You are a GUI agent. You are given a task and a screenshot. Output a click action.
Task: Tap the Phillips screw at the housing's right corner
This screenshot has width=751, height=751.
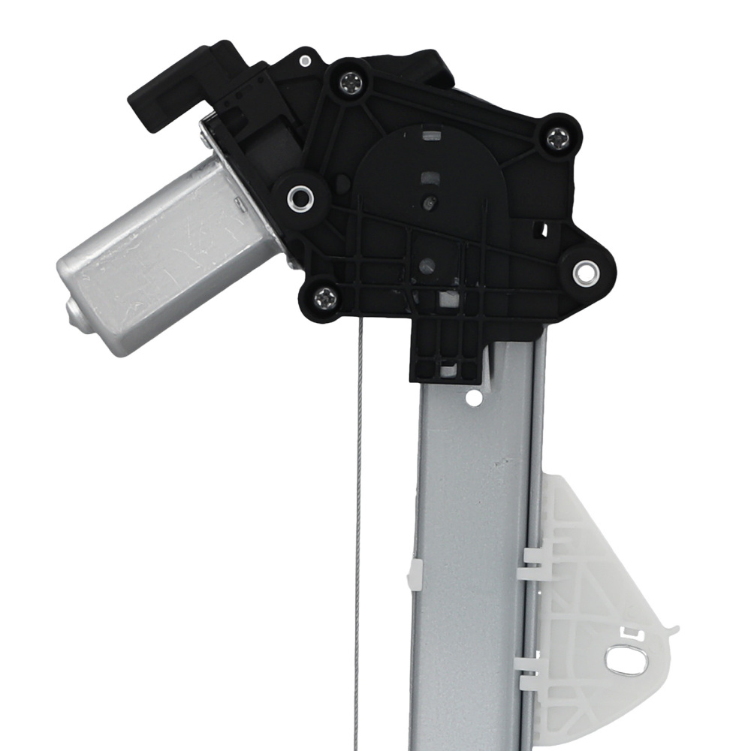(557, 137)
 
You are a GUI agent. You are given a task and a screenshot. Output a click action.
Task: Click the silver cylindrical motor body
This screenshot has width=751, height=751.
(165, 255)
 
